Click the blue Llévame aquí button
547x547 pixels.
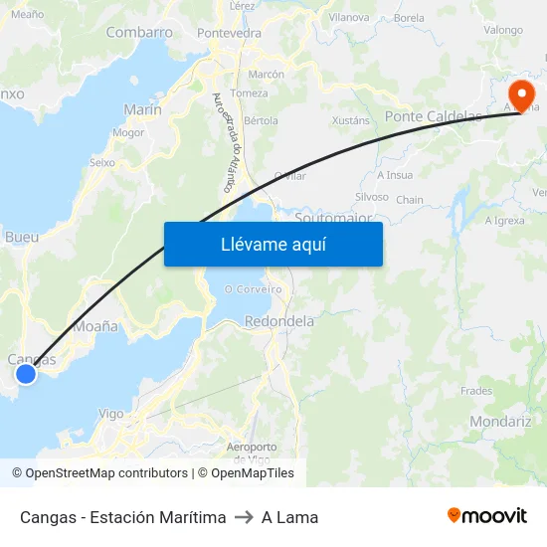pos(273,244)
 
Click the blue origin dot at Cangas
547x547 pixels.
pos(26,374)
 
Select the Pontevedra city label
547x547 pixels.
pos(229,33)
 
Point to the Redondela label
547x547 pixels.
pos(279,321)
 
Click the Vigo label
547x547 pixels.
pos(111,414)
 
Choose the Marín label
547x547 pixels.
pos(142,109)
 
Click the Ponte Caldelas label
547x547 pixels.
pos(433,116)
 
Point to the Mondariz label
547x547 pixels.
pos(500,421)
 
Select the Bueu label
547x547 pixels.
pos(22,237)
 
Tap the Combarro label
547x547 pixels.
pos(139,32)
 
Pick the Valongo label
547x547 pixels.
pos(503,30)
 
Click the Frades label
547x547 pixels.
pos(476,391)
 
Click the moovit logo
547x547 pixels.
pos(487,515)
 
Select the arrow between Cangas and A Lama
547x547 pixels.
pos(244,517)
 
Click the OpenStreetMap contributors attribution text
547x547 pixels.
pos(99,473)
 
